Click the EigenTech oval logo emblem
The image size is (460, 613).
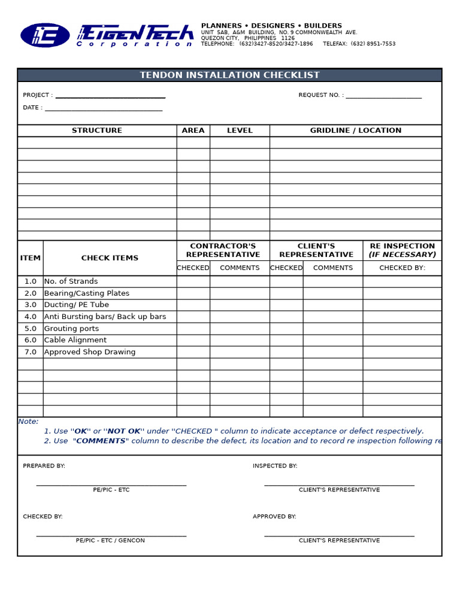coord(45,35)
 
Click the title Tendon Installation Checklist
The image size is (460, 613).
coord(229,75)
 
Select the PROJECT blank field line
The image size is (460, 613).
coord(110,96)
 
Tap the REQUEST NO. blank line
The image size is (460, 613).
coord(383,96)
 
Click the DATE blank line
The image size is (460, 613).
coord(103,109)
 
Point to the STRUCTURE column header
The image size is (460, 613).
coord(97,131)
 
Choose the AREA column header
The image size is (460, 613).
coord(193,131)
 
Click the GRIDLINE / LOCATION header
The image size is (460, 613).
coord(355,131)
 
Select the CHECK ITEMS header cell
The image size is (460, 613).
coord(110,258)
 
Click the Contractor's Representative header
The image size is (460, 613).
coord(223,250)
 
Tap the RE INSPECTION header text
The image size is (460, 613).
coord(402,250)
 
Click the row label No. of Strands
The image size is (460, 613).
coord(71,281)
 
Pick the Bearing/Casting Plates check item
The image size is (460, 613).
coord(87,293)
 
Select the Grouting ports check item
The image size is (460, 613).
coord(71,329)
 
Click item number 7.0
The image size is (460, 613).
coord(31,352)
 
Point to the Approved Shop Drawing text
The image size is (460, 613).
coord(90,352)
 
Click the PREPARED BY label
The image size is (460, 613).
coord(44,466)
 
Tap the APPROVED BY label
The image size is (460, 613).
coord(274,517)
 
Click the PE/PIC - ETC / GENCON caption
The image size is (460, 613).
coord(110,541)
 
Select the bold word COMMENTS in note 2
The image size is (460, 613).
coord(100,441)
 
